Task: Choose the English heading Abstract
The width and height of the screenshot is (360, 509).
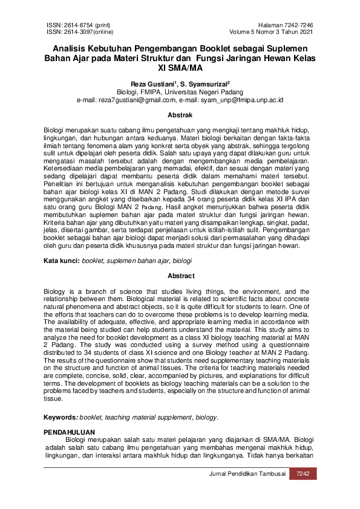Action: [180, 276]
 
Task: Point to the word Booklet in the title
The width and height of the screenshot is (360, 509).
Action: [179, 48]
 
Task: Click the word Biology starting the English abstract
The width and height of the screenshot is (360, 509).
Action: [55, 291]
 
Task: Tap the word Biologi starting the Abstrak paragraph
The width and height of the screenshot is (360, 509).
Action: [54, 131]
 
